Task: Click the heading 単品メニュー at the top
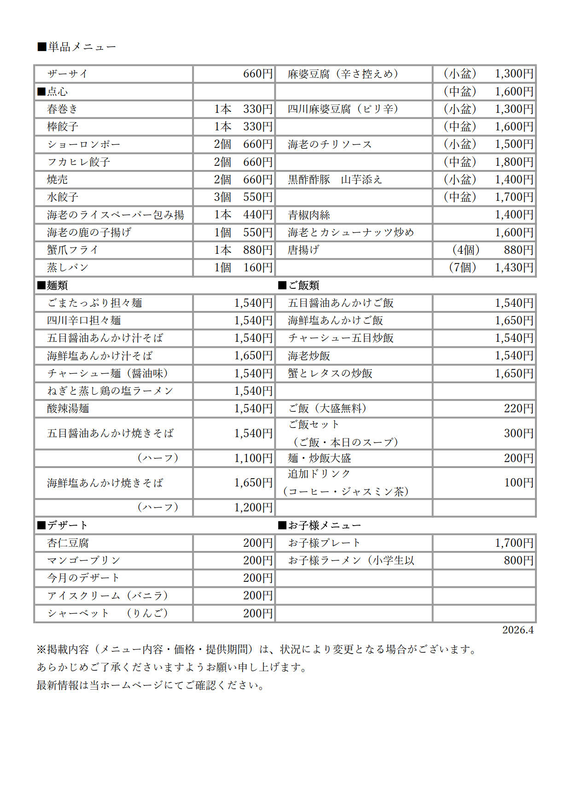[77, 47]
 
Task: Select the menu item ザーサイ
[67, 74]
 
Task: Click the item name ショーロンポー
[83, 144]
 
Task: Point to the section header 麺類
[52, 286]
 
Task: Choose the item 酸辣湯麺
[68, 409]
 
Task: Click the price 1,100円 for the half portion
[253, 458]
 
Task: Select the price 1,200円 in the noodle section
[253, 508]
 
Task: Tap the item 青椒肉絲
[309, 215]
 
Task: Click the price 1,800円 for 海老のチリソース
[514, 162]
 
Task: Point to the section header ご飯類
[299, 286]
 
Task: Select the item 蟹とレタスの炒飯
[330, 374]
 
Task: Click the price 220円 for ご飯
[519, 409]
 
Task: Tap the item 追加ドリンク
[319, 474]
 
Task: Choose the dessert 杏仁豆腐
[68, 543]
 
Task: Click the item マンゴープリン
[83, 561]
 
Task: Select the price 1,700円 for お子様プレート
[514, 543]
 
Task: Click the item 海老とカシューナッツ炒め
[351, 233]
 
